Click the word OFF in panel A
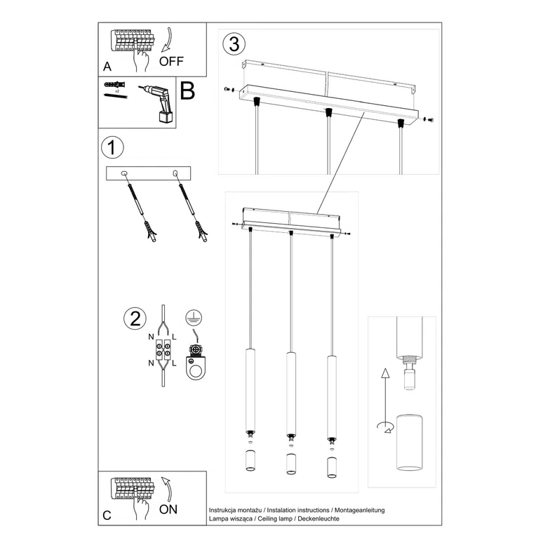pyautogui.click(x=171, y=61)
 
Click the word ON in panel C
pyautogui.click(x=168, y=509)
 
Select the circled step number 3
pyautogui.click(x=234, y=43)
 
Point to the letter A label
pyautogui.click(x=107, y=67)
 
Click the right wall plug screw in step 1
pyautogui.click(x=194, y=210)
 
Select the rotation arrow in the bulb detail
pyautogui.click(x=384, y=425)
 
